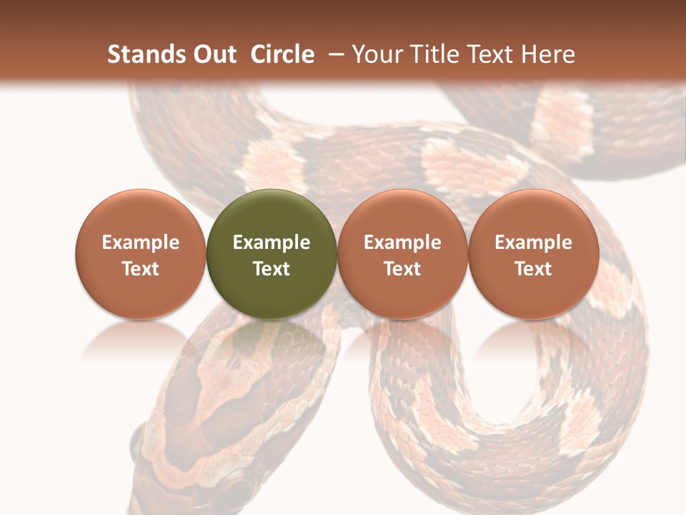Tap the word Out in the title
click(213, 54)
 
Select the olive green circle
click(272, 215)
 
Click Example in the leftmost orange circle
click(140, 242)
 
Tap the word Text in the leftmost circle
click(140, 269)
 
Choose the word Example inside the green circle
click(272, 242)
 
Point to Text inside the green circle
click(272, 269)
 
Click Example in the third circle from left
click(402, 242)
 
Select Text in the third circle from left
click(402, 269)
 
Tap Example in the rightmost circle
click(533, 242)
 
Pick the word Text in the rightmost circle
click(533, 269)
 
